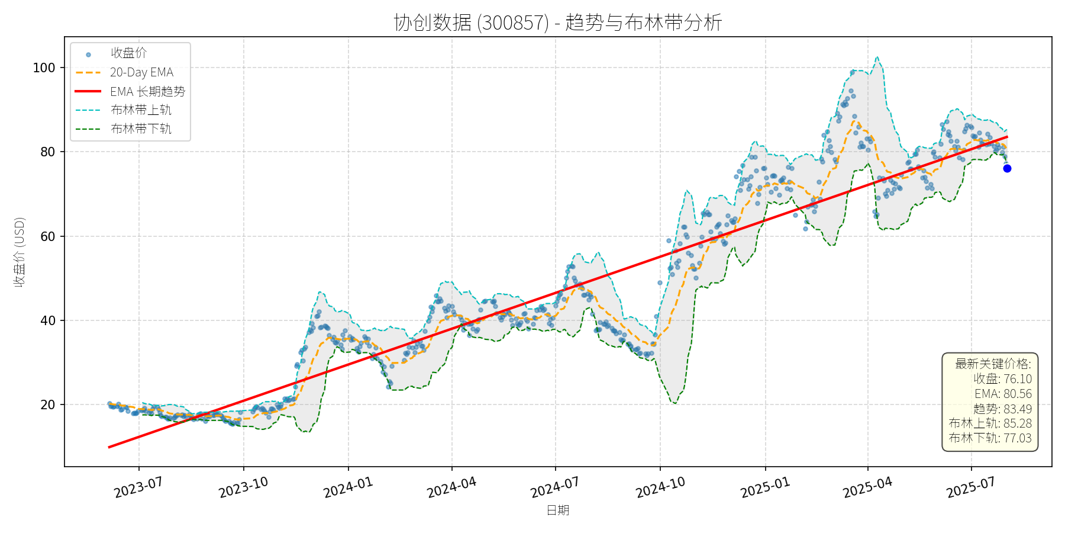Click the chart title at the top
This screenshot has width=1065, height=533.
point(557,23)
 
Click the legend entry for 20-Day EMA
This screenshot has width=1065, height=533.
point(141,72)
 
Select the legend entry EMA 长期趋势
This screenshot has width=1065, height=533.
point(147,91)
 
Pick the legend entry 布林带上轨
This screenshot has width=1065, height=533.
point(141,110)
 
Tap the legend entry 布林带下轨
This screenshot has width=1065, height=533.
point(141,129)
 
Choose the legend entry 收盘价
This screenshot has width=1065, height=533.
point(128,53)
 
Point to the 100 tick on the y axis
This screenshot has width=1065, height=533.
point(44,68)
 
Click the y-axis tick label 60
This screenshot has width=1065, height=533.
point(48,236)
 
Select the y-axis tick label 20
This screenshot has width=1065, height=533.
point(48,405)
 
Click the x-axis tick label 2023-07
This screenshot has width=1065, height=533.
point(138,487)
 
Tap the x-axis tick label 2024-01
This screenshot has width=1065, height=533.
point(348,487)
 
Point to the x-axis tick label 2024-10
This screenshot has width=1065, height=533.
point(660,487)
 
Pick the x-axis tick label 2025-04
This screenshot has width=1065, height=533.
point(867,487)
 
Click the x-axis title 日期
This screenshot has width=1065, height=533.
point(557,510)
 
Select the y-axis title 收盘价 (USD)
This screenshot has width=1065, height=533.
point(20,252)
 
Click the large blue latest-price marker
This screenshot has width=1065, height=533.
point(1007,169)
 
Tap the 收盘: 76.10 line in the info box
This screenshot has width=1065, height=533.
point(1002,379)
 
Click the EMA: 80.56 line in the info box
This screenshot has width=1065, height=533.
point(1003,394)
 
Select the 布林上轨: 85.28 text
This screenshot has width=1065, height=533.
point(990,423)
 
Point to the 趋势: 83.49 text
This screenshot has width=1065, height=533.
point(1002,409)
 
